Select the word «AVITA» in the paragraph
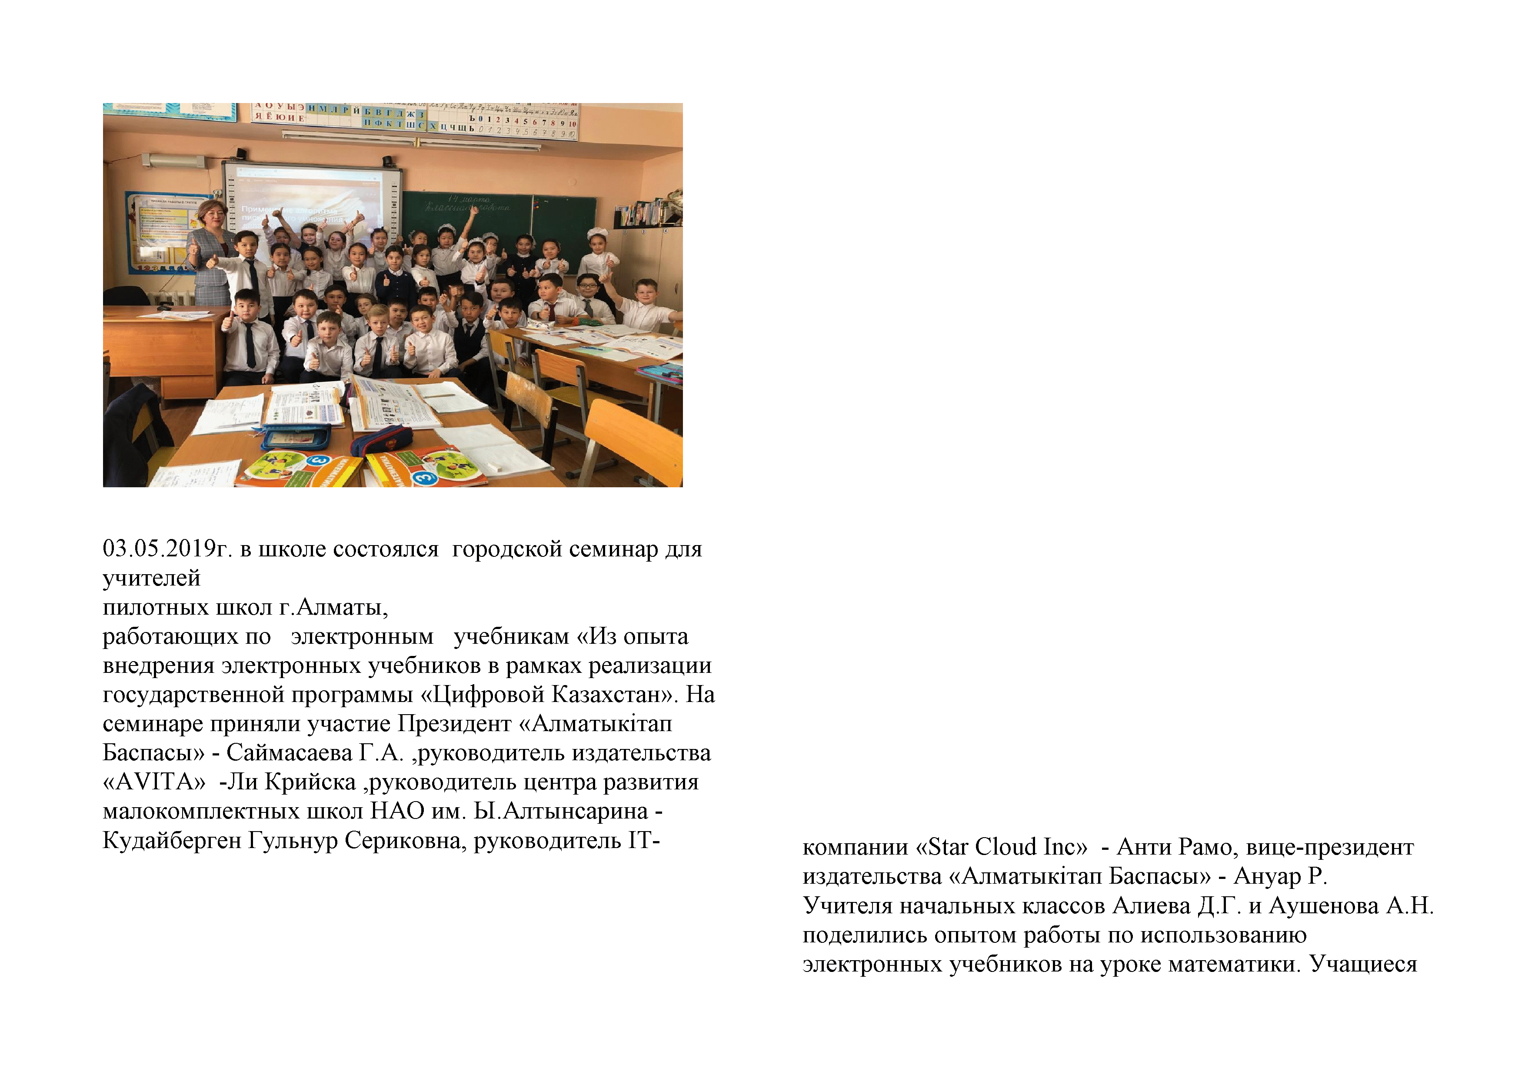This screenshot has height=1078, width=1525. [x=154, y=782]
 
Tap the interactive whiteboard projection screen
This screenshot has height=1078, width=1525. [x=312, y=199]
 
